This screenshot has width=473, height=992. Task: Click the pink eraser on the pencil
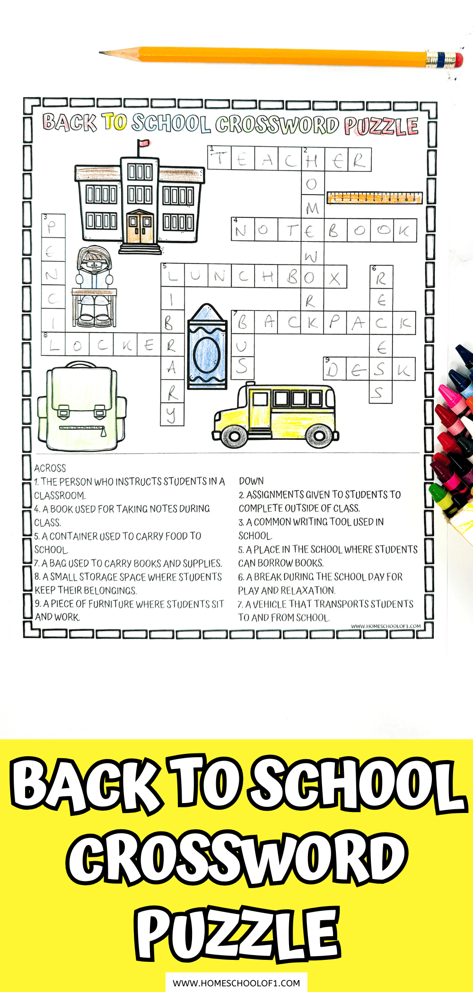pyautogui.click(x=457, y=60)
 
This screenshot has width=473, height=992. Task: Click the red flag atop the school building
pyautogui.click(x=143, y=143)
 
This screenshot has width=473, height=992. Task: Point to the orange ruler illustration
pyautogui.click(x=374, y=197)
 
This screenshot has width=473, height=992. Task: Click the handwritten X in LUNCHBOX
pyautogui.click(x=335, y=277)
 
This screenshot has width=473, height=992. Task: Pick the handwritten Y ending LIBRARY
pyautogui.click(x=171, y=415)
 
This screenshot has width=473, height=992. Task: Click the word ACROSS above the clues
pyautogui.click(x=50, y=468)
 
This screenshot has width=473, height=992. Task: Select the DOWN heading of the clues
pyautogui.click(x=251, y=481)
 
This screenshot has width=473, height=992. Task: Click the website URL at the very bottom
pyautogui.click(x=236, y=983)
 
